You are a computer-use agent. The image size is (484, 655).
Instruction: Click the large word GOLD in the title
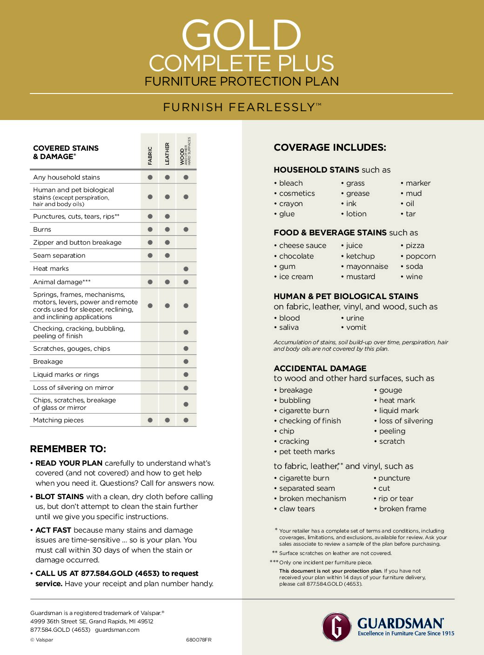241,35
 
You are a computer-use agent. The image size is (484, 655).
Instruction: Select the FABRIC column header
150,155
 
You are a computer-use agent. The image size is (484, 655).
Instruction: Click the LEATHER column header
167,154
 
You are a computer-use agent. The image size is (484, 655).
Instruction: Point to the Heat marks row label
51,268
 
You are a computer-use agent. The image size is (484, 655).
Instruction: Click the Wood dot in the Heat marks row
186,269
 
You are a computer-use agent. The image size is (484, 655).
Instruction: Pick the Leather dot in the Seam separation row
167,255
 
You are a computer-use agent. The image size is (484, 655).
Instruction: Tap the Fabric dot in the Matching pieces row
150,420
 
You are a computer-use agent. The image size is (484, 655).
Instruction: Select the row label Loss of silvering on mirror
74,388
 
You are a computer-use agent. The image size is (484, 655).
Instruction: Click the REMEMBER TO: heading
68,449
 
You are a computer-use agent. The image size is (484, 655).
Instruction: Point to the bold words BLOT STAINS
60,497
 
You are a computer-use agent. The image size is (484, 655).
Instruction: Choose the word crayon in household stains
291,204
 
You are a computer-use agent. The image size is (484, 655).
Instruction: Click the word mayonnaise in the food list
367,267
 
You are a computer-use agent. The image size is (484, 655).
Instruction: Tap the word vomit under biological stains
356,327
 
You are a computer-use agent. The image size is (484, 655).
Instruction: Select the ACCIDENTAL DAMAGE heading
320,368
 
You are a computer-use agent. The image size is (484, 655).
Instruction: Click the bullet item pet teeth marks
307,452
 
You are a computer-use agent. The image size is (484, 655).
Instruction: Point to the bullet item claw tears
297,509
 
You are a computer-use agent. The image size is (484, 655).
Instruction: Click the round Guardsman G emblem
336,627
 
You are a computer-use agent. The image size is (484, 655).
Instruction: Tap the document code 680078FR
199,640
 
